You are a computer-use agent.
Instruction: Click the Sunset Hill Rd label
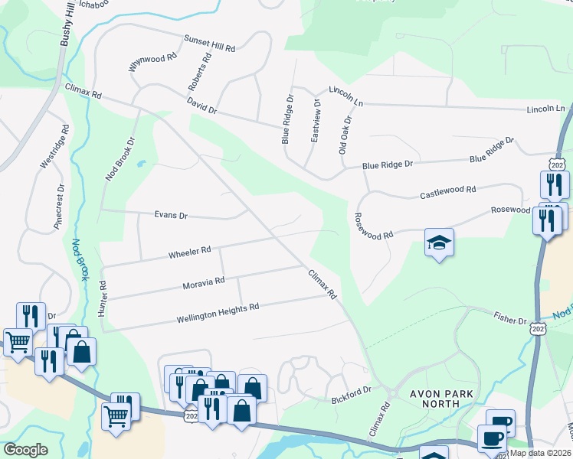click(x=209, y=43)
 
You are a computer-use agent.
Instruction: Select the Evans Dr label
click(x=171, y=216)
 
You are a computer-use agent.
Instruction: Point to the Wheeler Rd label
click(x=189, y=251)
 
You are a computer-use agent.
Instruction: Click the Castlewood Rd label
click(x=447, y=191)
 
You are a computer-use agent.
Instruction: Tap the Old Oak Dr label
click(x=345, y=135)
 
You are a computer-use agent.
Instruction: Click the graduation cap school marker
click(x=439, y=243)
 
